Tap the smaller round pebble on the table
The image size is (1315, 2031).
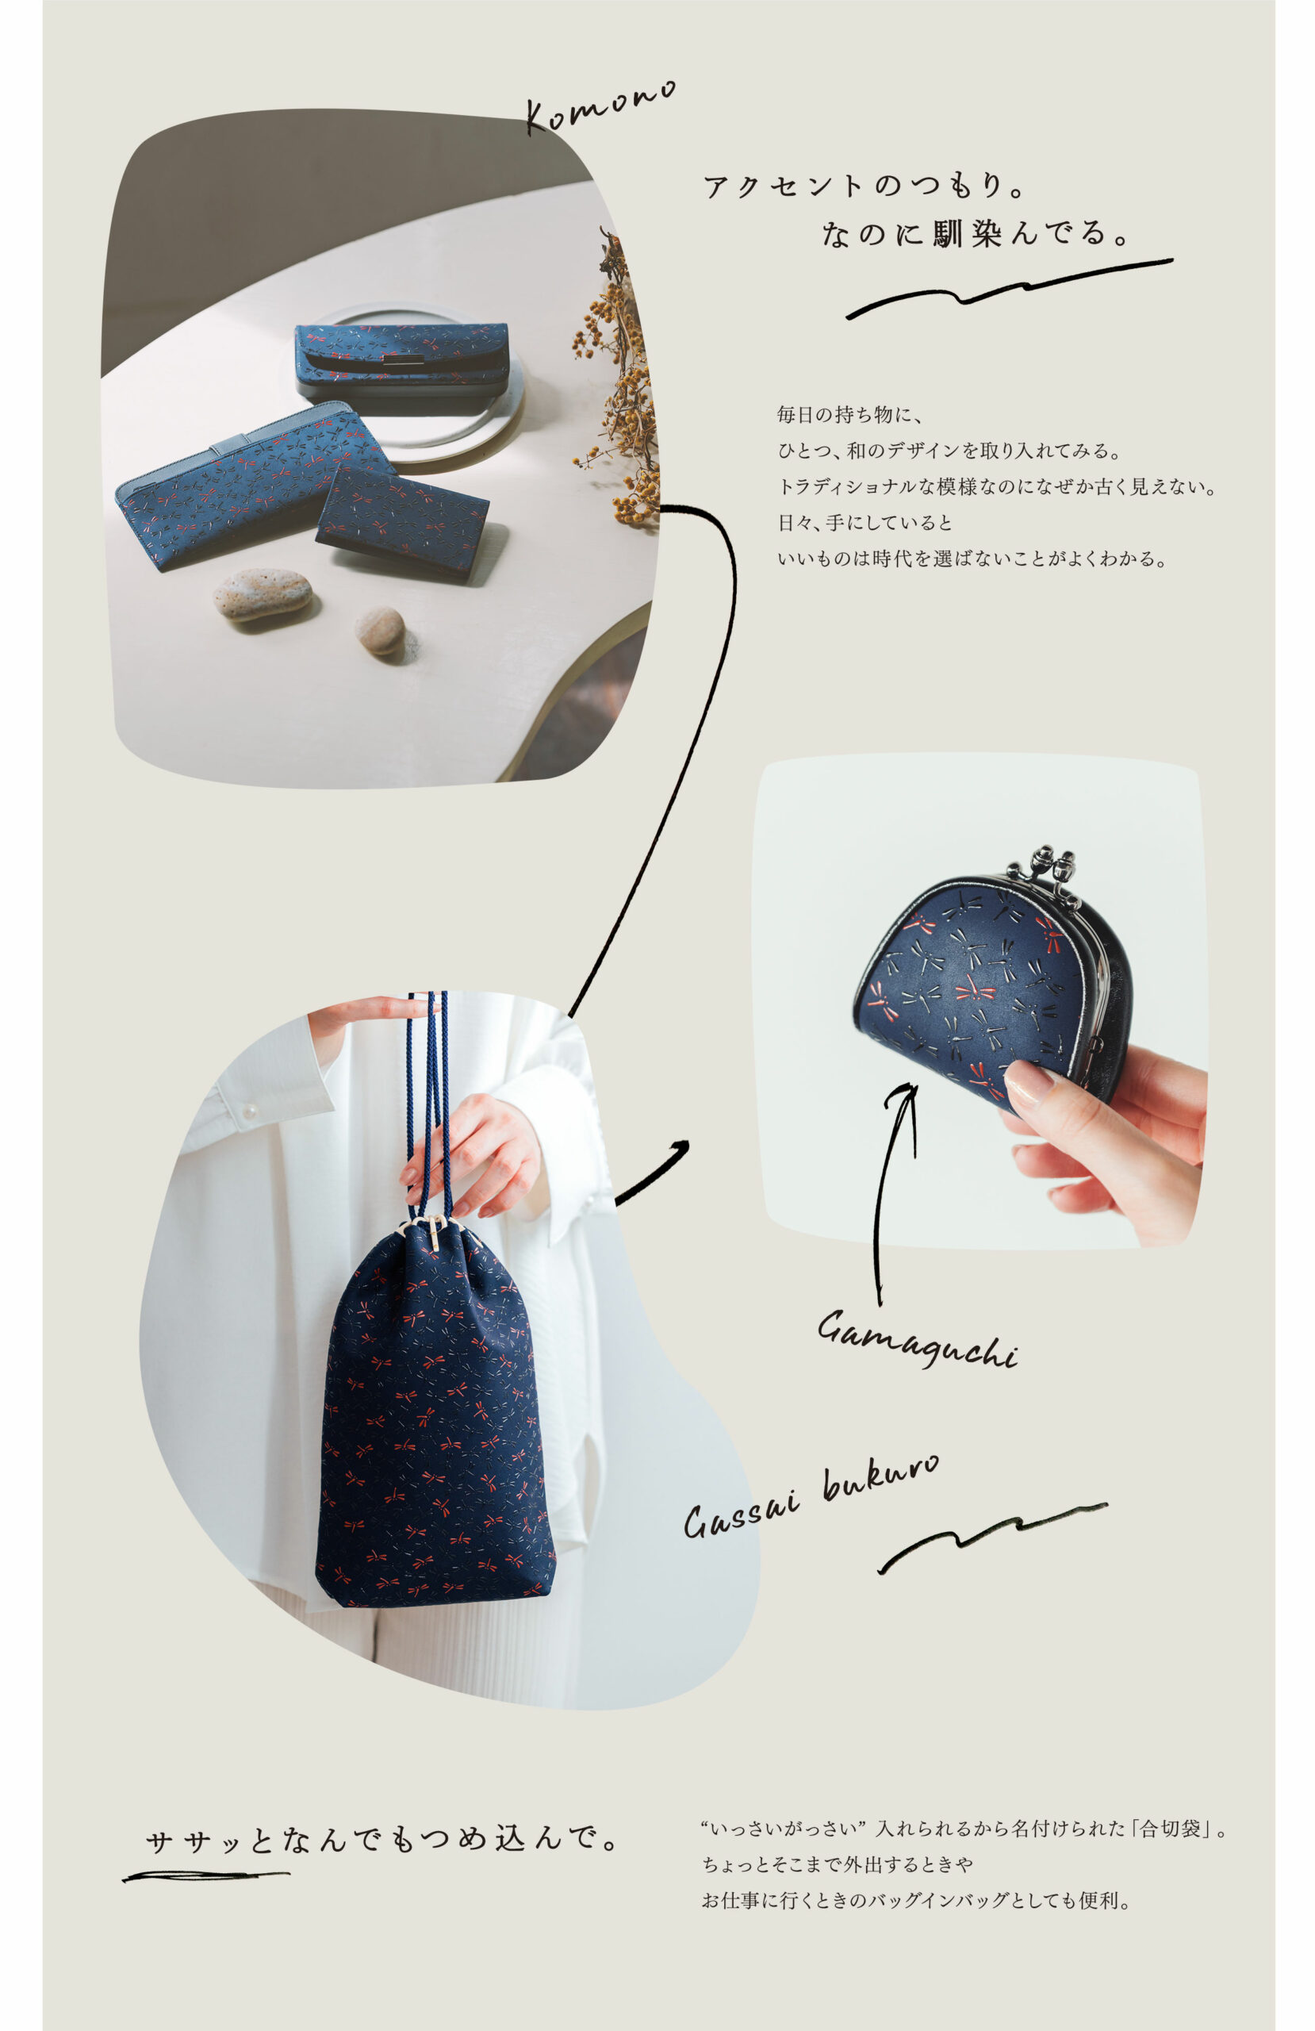(x=379, y=631)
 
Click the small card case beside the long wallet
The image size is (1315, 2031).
(x=402, y=521)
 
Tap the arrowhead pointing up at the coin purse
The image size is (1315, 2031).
(x=908, y=1096)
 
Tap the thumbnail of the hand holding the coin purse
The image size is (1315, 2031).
(x=980, y=1000)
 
